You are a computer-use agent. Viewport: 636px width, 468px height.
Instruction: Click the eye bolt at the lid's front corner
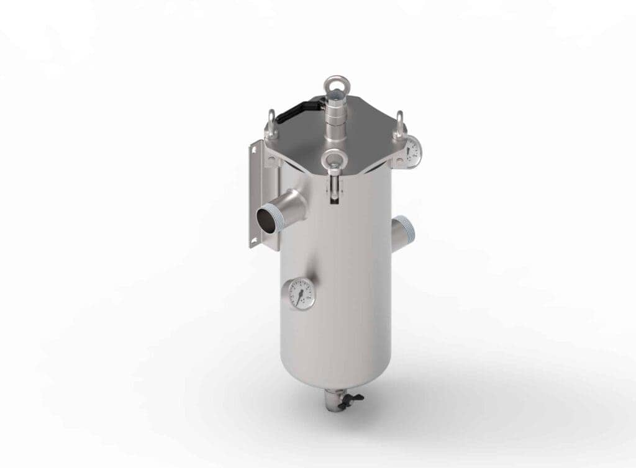pyautogui.click(x=334, y=160)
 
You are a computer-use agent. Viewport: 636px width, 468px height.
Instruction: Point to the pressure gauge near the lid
pyautogui.click(x=412, y=151)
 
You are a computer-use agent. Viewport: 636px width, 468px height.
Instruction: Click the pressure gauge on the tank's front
pyautogui.click(x=301, y=294)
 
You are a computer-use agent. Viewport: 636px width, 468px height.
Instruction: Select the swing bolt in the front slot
pyautogui.click(x=335, y=187)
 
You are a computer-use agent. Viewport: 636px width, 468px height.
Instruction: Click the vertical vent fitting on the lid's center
pyautogui.click(x=336, y=118)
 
